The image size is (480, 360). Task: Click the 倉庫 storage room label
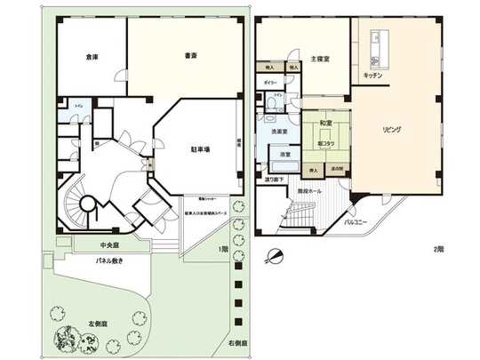pyautogui.click(x=92, y=57)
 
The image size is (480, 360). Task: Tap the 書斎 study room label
pyautogui.click(x=190, y=55)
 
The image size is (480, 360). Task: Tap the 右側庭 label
pyautogui.click(x=236, y=341)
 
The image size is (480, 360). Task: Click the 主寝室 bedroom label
pyautogui.click(x=321, y=59)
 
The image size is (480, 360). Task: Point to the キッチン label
pyautogui.click(x=372, y=76)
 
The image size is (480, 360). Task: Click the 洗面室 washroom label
pyautogui.click(x=280, y=132)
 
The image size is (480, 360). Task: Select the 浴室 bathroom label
pyautogui.click(x=285, y=156)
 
